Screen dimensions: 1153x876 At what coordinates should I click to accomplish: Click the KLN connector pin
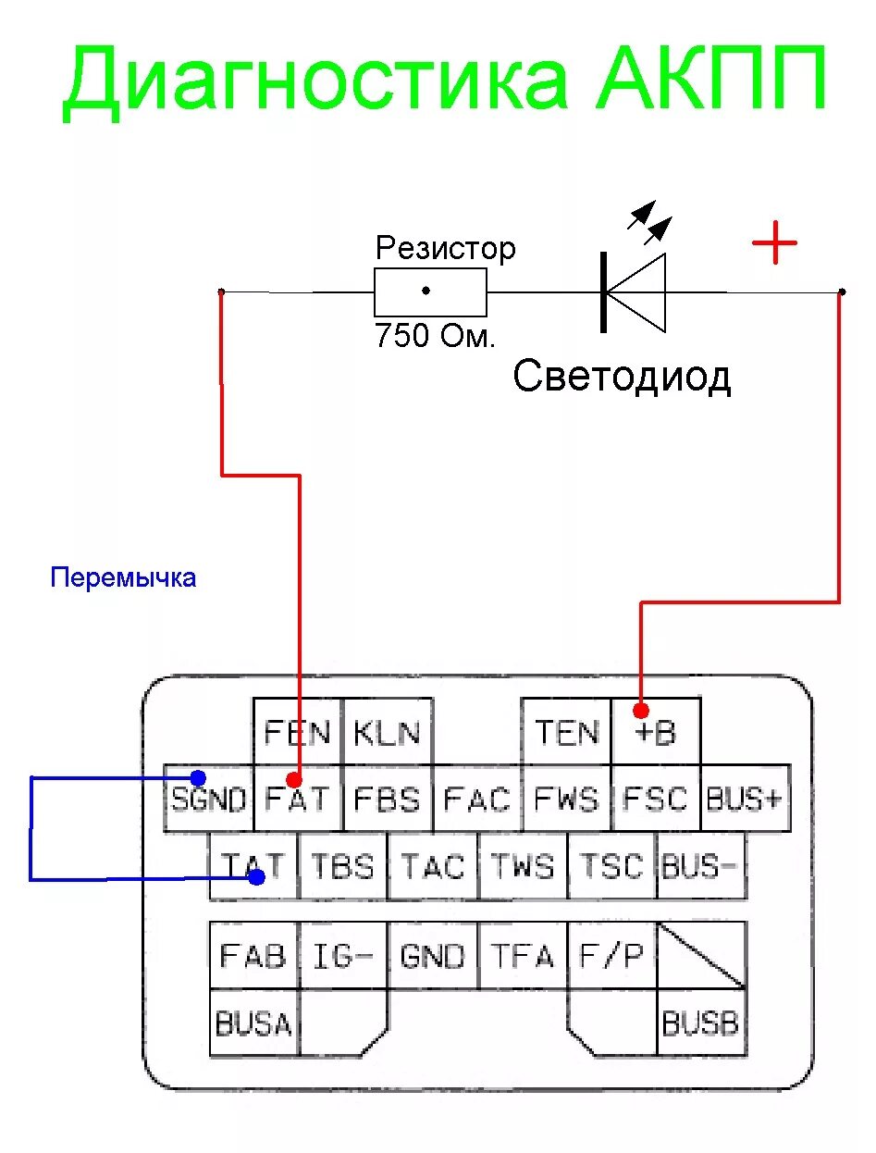coord(388,732)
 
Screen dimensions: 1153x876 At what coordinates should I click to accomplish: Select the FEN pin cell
coord(298,732)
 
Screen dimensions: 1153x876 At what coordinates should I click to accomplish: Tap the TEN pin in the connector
coord(566,732)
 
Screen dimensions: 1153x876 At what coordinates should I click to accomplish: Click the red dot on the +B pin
coord(641,711)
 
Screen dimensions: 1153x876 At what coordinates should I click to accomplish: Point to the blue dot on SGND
coord(197,777)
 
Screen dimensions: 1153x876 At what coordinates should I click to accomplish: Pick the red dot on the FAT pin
coord(295,779)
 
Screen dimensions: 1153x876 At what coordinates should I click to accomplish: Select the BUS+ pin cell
coord(745,799)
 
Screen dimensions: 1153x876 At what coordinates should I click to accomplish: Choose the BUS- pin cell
coord(700,866)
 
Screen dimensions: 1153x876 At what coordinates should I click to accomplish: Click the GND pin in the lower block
coord(432,955)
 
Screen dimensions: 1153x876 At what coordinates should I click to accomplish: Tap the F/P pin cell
coord(611,955)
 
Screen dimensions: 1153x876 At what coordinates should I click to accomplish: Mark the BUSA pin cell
coord(253,1023)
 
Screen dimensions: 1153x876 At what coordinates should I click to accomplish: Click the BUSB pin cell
coord(700,1023)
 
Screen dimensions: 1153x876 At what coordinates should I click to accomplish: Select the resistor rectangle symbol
coord(430,291)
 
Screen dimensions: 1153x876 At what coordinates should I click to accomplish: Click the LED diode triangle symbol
coord(636,292)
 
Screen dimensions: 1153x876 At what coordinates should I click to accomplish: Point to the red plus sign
coord(774,244)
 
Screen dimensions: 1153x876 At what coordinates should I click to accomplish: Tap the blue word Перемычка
coord(123,578)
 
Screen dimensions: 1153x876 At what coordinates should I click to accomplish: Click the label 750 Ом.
coord(435,336)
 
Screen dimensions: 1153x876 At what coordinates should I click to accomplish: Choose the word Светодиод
coord(622,377)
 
